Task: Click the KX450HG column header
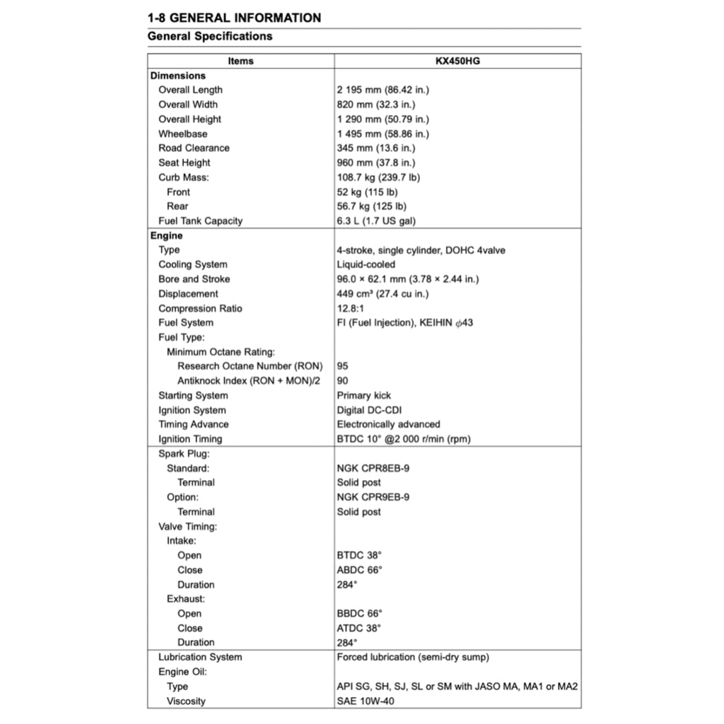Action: (x=457, y=61)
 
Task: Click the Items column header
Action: (x=240, y=61)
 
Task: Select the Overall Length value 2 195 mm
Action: (x=383, y=90)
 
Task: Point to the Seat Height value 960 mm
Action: (x=375, y=163)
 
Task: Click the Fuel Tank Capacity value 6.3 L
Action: (x=376, y=221)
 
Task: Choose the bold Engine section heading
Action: (x=166, y=235)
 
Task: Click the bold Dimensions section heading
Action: (x=177, y=76)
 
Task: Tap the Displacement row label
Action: (x=188, y=293)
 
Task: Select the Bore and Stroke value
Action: (x=407, y=279)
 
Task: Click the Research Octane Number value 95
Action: (x=343, y=366)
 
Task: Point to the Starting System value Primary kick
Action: (x=363, y=395)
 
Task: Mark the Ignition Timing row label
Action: (x=189, y=439)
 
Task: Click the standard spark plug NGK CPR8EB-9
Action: (x=373, y=468)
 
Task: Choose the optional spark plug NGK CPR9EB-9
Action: (x=373, y=497)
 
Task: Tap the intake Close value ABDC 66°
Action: (x=359, y=570)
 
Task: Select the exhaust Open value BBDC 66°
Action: (x=359, y=614)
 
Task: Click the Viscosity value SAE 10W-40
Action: (x=366, y=701)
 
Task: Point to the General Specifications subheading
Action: (x=210, y=36)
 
